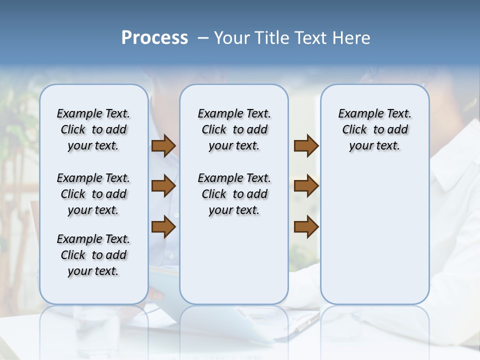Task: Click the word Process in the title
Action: (x=154, y=38)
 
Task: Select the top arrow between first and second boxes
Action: (x=163, y=146)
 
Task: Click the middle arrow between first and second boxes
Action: (x=163, y=186)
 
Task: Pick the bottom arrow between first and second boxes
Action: (x=163, y=226)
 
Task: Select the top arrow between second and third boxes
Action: (x=306, y=146)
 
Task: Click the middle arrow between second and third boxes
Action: (x=306, y=186)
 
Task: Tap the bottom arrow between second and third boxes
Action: (x=306, y=226)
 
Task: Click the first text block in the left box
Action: (x=93, y=129)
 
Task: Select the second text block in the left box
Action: (x=93, y=194)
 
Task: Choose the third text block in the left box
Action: (x=93, y=255)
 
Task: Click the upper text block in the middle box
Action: (x=234, y=129)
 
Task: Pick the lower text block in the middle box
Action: (x=234, y=194)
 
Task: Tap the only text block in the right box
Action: (x=374, y=129)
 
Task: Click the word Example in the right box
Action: (x=356, y=114)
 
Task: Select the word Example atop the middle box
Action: (x=216, y=114)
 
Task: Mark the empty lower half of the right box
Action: (x=374, y=240)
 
